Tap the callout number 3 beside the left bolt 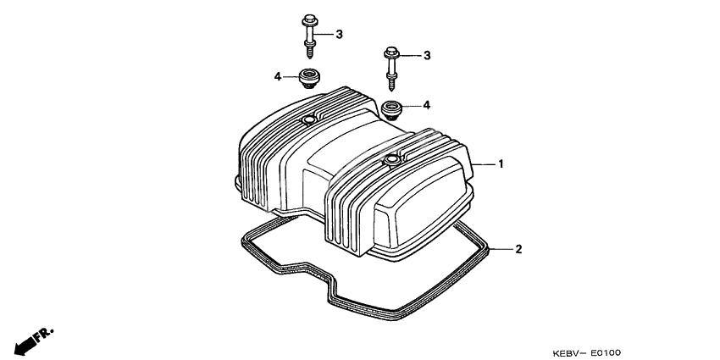339,35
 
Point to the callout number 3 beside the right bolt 428,55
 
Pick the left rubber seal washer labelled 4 308,79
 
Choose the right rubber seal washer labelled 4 392,108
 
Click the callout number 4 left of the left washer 277,76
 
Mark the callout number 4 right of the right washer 427,105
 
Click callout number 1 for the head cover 501,163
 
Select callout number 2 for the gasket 518,249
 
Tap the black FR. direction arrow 25,342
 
